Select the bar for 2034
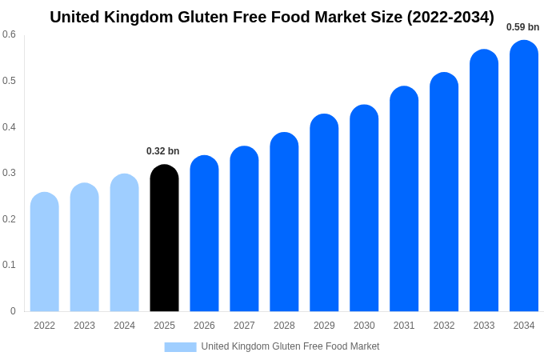point(524,176)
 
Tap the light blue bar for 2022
point(45,252)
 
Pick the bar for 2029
point(324,213)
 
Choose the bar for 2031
point(404,199)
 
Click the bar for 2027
point(244,229)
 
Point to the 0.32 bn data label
point(163,151)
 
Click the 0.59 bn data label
point(522,27)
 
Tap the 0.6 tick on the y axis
point(9,34)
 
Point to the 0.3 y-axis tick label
point(9,173)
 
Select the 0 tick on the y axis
point(13,311)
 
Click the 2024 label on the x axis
point(124,326)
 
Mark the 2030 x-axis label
point(364,326)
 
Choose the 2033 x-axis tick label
point(484,326)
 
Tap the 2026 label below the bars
point(204,326)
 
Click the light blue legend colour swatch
point(180,346)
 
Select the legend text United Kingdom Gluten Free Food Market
point(290,346)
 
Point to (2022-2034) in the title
point(450,17)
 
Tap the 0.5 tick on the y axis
point(9,81)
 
